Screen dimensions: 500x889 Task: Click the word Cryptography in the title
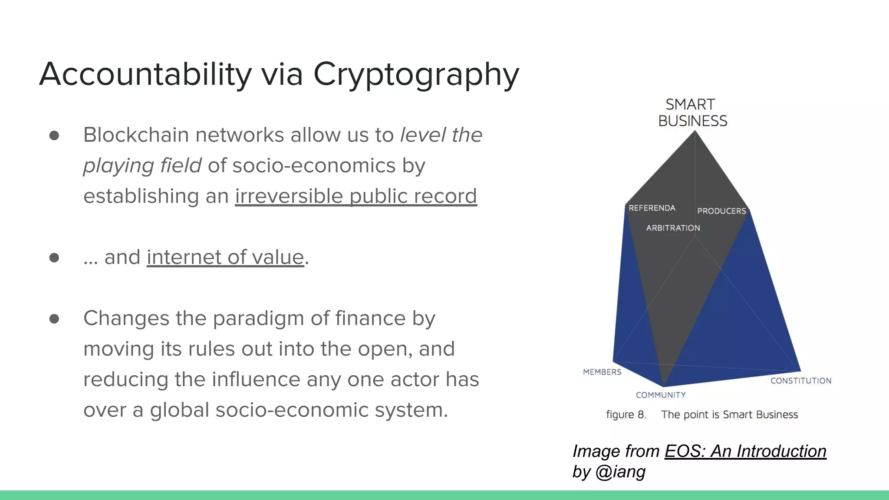click(416, 75)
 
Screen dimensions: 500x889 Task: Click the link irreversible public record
click(356, 196)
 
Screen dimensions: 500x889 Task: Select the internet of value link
click(225, 257)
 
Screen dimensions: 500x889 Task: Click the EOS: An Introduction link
click(745, 451)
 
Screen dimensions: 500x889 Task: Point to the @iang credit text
click(620, 472)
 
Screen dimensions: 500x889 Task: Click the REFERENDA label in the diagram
click(652, 208)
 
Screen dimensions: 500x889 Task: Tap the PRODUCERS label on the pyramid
click(721, 211)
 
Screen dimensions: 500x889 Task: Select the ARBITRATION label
click(673, 228)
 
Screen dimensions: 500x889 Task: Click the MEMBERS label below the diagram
click(602, 372)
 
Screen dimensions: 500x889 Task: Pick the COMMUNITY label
click(661, 395)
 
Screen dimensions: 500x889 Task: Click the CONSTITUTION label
click(801, 381)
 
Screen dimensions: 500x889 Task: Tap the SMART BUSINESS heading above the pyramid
click(692, 113)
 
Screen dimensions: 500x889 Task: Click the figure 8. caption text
click(626, 415)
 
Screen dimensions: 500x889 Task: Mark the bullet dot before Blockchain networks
click(54, 135)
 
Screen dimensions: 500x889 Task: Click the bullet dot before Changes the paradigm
click(54, 319)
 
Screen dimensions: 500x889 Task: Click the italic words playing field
click(142, 166)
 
